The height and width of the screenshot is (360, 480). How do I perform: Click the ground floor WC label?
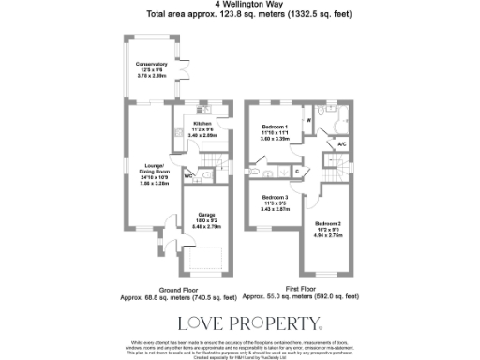pos(188,175)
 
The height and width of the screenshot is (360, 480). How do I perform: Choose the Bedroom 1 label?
pos(275,131)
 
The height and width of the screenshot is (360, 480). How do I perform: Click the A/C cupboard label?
pos(341,145)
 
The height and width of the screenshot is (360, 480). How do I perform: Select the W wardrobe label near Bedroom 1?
pos(308,120)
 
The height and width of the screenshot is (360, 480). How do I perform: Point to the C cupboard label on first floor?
pos(296,172)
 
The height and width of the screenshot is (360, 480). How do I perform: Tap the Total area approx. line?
pos(239,15)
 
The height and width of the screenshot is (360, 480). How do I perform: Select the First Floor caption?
pos(300,289)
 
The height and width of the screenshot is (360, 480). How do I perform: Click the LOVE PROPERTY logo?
pos(240,324)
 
